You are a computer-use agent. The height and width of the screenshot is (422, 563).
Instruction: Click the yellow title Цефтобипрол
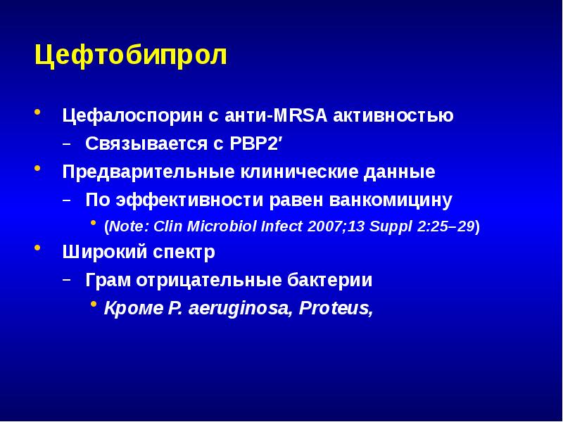click(x=131, y=56)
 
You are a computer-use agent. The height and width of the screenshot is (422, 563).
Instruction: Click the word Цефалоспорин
click(x=132, y=116)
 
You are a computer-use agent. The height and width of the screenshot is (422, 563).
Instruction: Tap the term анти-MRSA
click(x=276, y=115)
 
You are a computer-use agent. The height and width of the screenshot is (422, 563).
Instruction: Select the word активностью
click(x=393, y=115)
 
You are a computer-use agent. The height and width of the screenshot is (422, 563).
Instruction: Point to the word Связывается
click(x=146, y=143)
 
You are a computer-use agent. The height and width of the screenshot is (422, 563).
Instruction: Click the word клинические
click(x=299, y=172)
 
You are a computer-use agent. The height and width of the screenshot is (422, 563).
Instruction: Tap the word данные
click(x=399, y=172)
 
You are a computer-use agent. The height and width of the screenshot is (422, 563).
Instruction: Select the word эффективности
click(x=189, y=200)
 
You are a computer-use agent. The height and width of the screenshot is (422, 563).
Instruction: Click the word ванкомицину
click(x=391, y=200)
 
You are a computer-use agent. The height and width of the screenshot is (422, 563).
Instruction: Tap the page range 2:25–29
click(x=446, y=226)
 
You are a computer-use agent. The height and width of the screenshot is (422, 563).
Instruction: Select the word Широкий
click(x=105, y=252)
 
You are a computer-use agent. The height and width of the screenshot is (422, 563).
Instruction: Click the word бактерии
click(x=329, y=279)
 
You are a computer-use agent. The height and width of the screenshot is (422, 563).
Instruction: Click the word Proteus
click(x=334, y=308)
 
